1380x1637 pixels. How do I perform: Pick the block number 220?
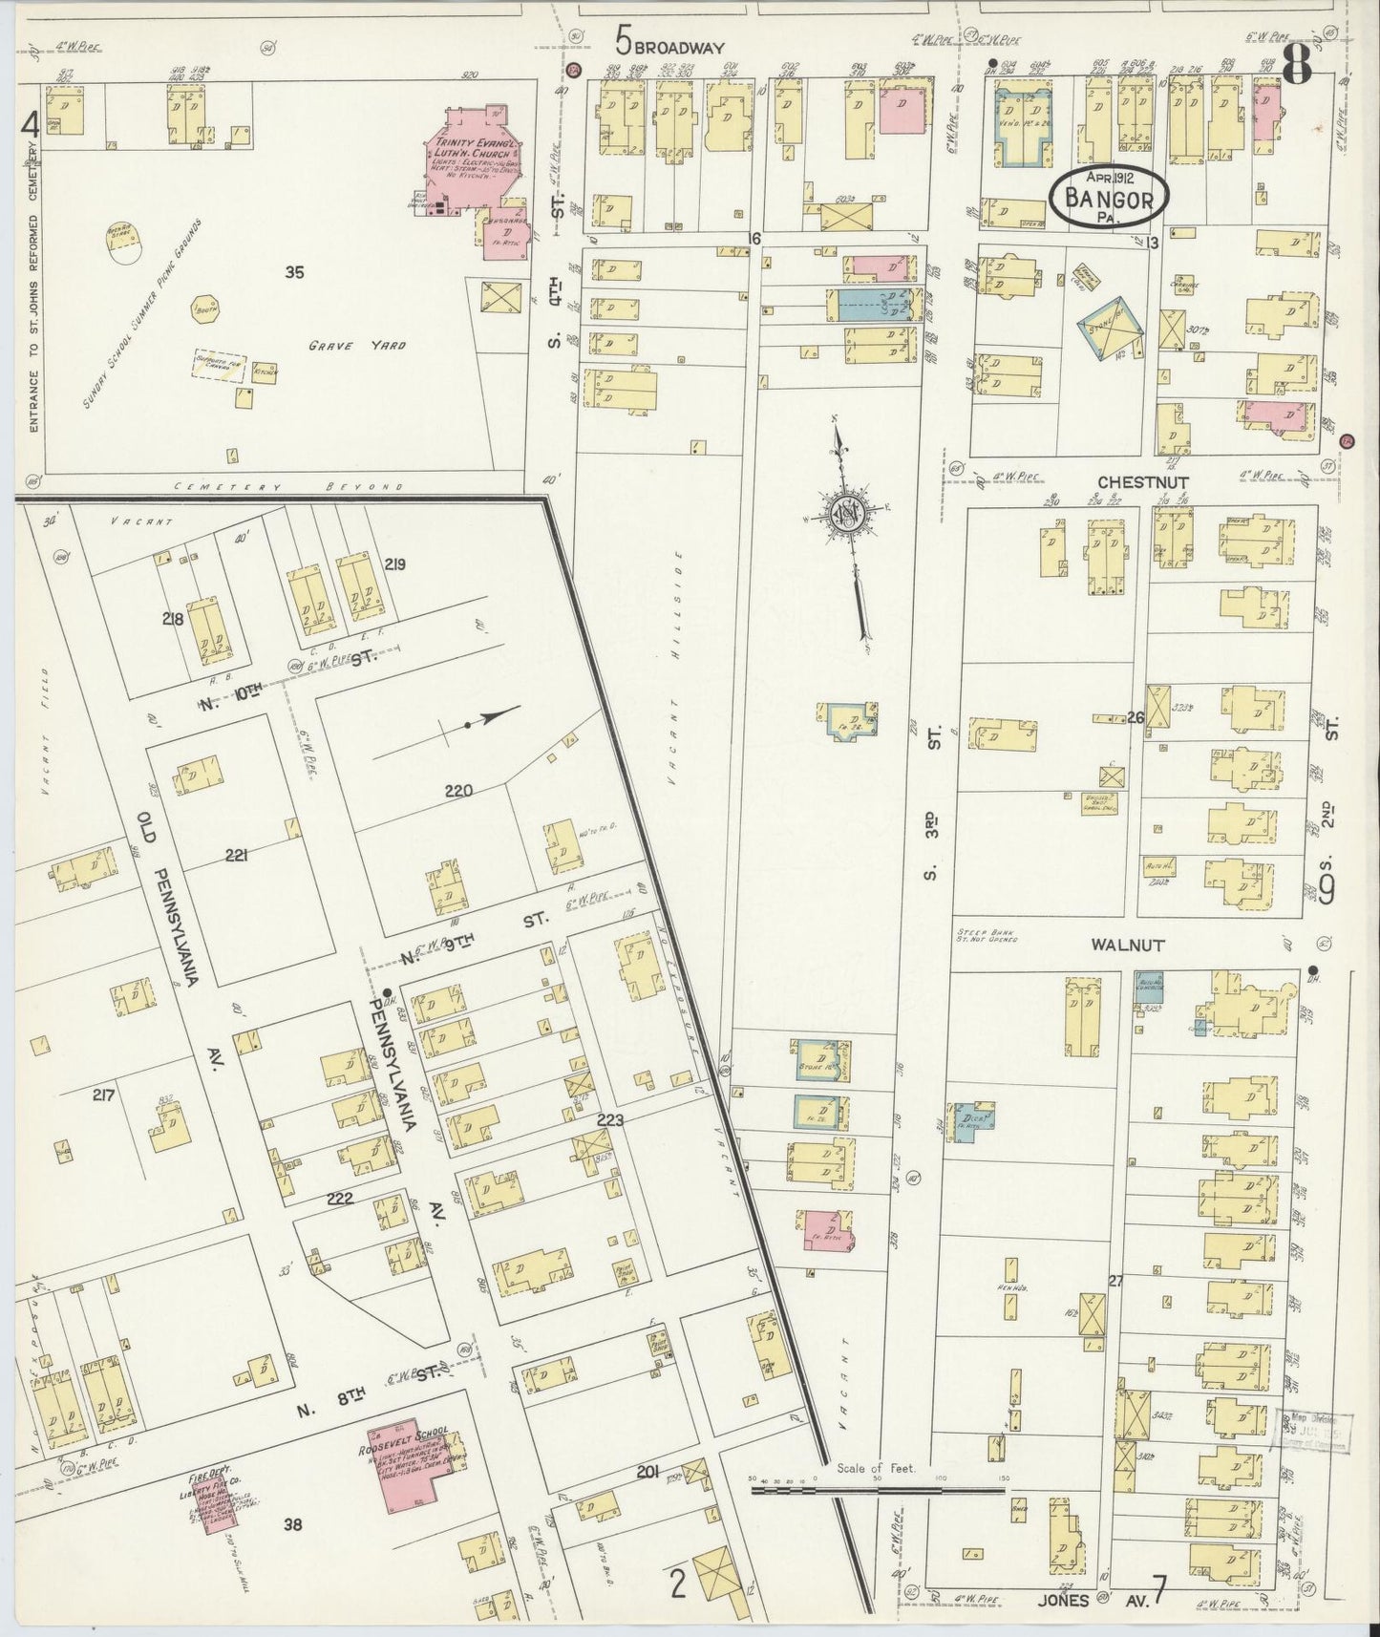[458, 791]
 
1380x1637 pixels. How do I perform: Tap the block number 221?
[236, 855]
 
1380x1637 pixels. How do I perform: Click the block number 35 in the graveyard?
[294, 273]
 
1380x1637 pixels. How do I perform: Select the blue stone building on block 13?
[1111, 327]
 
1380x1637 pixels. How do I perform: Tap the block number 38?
[292, 1525]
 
